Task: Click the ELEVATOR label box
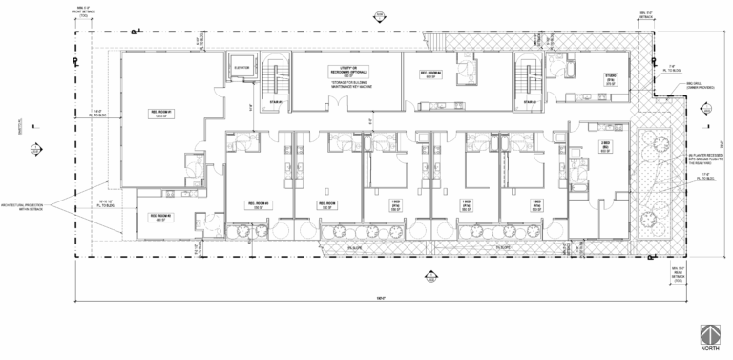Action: click(241, 68)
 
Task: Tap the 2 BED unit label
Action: click(605, 146)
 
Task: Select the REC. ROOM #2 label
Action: click(258, 204)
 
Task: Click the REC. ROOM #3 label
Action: click(325, 204)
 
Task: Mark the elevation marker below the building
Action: click(428, 278)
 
